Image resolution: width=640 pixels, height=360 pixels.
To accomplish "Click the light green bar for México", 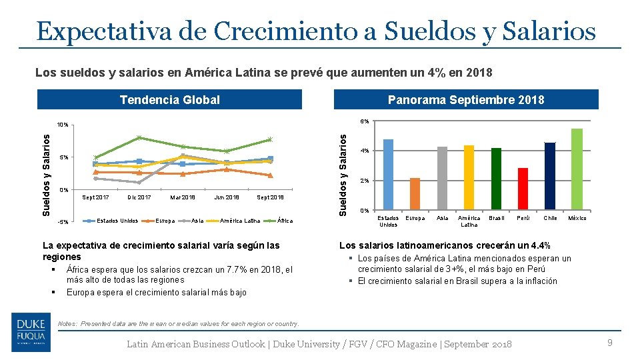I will tap(577, 169).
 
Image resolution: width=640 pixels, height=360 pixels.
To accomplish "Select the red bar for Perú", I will tap(523, 189).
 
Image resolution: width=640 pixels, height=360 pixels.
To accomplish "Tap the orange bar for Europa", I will tap(415, 194).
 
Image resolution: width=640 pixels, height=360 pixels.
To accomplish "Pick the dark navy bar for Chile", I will tap(550, 177).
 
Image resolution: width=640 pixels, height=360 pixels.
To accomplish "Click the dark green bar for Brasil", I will tap(496, 179).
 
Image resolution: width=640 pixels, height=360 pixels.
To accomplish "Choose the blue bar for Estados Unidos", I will tap(388, 175).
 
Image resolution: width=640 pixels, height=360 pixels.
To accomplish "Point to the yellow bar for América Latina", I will tap(469, 178).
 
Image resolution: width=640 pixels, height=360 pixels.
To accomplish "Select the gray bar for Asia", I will tap(442, 179).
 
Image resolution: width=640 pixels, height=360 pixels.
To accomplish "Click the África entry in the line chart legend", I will tap(284, 221).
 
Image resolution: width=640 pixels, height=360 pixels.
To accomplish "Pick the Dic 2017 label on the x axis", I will tap(139, 197).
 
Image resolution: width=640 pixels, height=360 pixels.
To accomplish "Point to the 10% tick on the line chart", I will tap(63, 125).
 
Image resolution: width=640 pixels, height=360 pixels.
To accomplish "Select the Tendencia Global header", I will tap(169, 100).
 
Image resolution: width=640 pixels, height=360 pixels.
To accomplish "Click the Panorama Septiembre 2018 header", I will tap(466, 100).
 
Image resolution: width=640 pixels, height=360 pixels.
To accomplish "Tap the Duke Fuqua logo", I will tap(31, 331).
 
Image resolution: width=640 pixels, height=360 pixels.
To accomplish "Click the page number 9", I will tap(609, 343).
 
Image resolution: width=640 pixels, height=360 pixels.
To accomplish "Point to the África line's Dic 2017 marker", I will tap(139, 137).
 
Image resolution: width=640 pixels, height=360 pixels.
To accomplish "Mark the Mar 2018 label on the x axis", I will tap(183, 197).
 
